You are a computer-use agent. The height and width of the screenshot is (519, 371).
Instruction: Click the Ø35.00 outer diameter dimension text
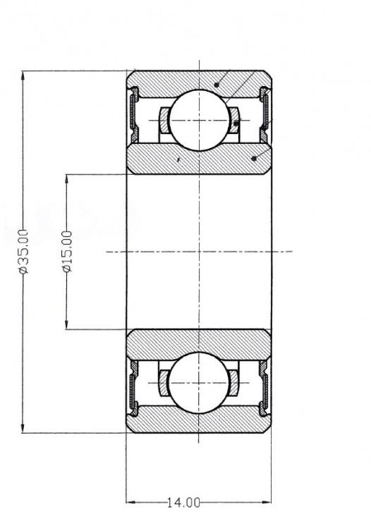coord(24,252)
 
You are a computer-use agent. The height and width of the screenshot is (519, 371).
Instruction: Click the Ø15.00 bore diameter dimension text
coord(67,252)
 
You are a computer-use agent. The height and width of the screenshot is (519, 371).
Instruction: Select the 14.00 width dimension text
coord(183,503)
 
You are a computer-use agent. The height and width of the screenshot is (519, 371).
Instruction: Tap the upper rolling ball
coord(199,120)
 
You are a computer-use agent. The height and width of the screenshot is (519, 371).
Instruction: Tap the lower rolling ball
coord(199,383)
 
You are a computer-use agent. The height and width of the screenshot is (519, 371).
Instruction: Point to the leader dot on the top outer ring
coord(217,85)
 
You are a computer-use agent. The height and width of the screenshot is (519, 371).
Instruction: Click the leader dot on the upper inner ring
coord(254,159)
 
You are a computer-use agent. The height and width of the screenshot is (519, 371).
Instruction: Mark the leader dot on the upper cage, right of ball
coord(236,124)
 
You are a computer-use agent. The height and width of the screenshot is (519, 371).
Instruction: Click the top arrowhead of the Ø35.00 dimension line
coord(23,75)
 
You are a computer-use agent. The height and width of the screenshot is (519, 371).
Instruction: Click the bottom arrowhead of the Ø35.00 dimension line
coord(23,428)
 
